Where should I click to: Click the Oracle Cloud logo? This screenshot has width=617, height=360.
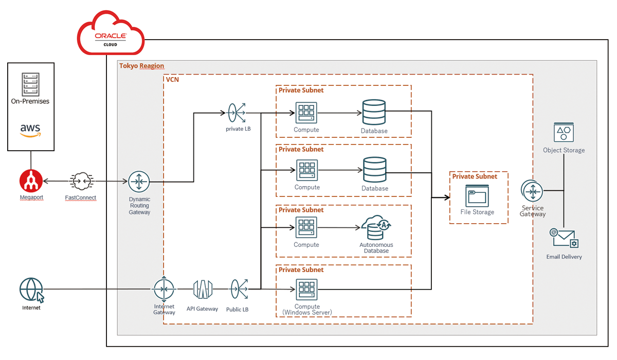[111, 37]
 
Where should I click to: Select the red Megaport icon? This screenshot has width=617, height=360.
[31, 181]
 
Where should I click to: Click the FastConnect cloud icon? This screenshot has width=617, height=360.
[81, 182]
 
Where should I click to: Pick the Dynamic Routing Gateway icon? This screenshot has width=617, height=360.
[138, 182]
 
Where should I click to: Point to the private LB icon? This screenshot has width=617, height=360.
[237, 112]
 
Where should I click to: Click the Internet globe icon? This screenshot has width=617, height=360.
[31, 290]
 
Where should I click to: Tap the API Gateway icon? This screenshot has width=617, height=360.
[203, 290]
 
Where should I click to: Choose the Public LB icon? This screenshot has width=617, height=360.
[238, 289]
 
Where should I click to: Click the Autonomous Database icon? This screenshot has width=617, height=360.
[376, 228]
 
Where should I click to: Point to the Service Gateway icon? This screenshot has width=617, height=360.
[532, 191]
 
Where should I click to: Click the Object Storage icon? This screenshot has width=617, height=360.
[564, 132]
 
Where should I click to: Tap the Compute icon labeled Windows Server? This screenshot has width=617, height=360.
[306, 290]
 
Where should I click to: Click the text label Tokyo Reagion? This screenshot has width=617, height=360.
[142, 66]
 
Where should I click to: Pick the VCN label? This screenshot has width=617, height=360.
[172, 80]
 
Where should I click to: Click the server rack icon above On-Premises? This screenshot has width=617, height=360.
[30, 83]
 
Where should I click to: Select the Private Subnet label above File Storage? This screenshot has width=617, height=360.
[475, 176]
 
